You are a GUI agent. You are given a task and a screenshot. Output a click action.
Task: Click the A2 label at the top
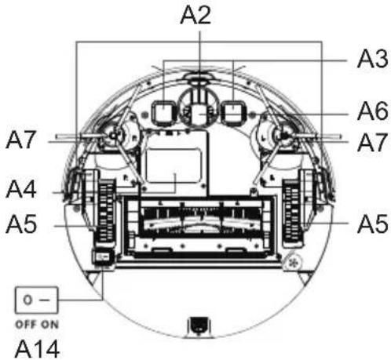click(x=195, y=15)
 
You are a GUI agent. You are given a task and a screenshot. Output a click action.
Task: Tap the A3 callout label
click(x=372, y=59)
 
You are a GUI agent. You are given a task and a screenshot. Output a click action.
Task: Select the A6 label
click(x=372, y=111)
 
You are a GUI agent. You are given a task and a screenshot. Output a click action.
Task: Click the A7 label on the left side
click(x=20, y=140)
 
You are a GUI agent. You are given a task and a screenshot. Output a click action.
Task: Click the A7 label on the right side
click(x=372, y=143)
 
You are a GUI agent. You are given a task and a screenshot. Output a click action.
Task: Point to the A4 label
click(x=21, y=189)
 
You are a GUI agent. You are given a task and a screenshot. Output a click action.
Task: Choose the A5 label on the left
click(x=21, y=224)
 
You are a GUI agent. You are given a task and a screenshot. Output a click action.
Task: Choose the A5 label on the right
click(x=372, y=224)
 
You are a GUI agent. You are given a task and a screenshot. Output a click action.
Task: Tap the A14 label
click(x=37, y=349)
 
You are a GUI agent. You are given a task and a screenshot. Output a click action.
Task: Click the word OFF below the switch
click(x=25, y=325)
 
